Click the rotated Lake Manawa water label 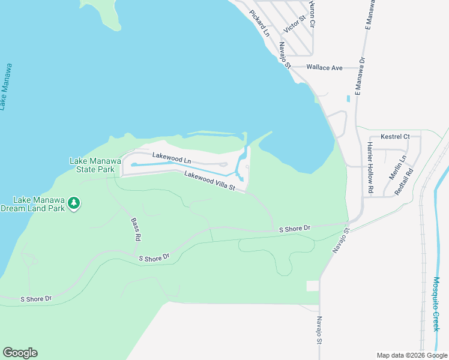tap(7, 86)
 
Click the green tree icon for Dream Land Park tap(74, 203)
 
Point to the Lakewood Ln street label tap(171, 158)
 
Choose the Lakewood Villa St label tap(209, 181)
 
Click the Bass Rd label tap(136, 229)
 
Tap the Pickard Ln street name tap(260, 22)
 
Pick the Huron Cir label tap(312, 13)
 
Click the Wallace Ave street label tap(324, 68)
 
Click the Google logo tap(20, 353)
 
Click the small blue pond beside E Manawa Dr tap(348, 98)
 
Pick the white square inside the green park tap(313, 286)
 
